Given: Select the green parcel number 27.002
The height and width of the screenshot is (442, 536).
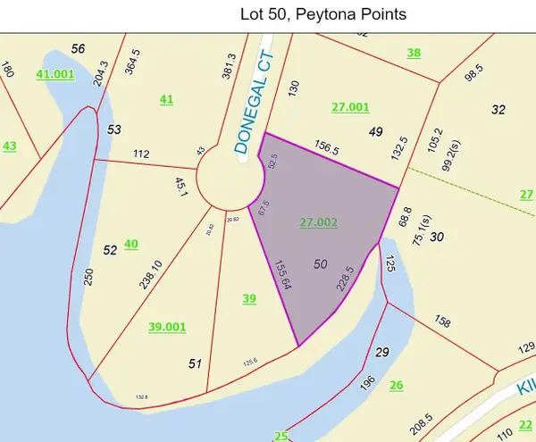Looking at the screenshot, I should pyautogui.click(x=319, y=221).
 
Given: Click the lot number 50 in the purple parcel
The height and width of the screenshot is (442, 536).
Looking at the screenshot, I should pyautogui.click(x=322, y=264).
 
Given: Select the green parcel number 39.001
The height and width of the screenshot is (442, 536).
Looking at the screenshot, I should pyautogui.click(x=167, y=328).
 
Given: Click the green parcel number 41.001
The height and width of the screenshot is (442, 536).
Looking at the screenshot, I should pyautogui.click(x=55, y=75).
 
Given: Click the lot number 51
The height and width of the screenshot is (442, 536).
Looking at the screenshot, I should pyautogui.click(x=196, y=363).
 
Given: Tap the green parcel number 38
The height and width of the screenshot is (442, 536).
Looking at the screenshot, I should pyautogui.click(x=414, y=53).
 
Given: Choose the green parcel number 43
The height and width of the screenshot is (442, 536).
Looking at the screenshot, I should pyautogui.click(x=10, y=146).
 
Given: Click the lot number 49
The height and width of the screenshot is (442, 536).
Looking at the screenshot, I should pyautogui.click(x=375, y=132).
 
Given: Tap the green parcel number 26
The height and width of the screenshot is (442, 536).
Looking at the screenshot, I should pyautogui.click(x=396, y=385).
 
